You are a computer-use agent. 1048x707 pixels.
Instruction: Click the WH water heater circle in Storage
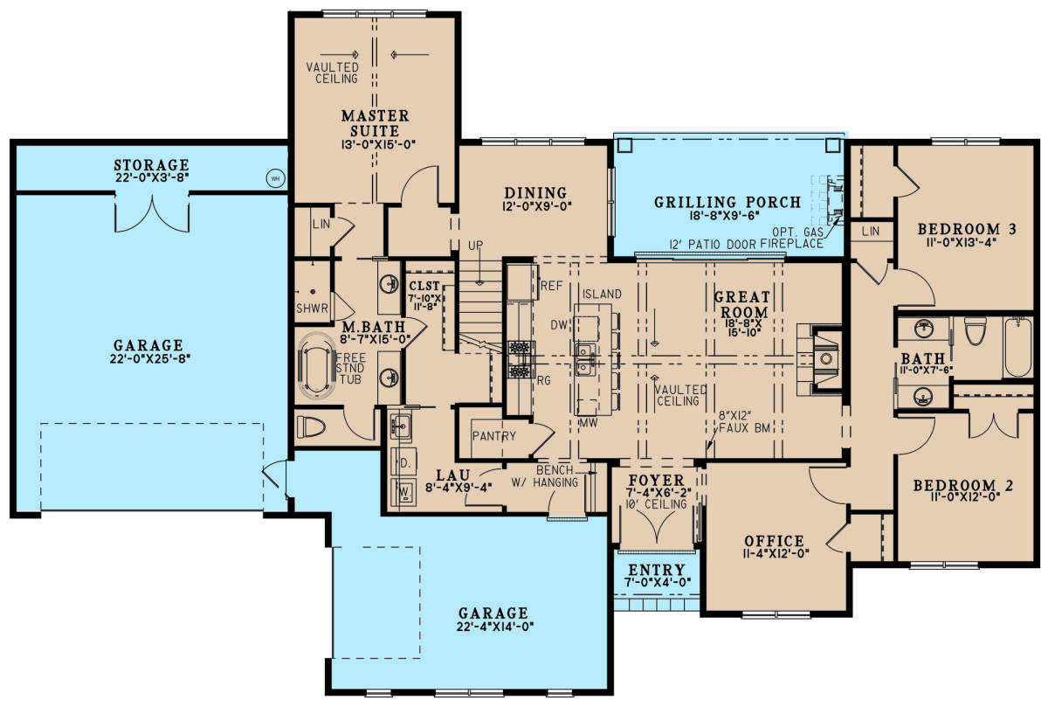tap(275, 178)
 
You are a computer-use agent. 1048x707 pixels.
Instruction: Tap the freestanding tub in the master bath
tap(317, 366)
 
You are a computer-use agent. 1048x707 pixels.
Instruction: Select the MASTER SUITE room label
tap(376, 123)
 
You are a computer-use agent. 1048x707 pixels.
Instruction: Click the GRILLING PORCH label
tap(727, 202)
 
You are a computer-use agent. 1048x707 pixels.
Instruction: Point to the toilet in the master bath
tap(311, 427)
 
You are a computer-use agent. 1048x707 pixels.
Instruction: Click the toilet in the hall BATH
tap(976, 331)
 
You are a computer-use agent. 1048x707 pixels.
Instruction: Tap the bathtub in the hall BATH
tap(1018, 346)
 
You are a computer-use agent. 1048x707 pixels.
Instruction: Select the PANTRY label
tap(494, 436)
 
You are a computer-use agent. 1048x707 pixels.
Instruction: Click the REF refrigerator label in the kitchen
tap(552, 286)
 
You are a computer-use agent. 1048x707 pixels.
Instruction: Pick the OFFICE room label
tap(775, 541)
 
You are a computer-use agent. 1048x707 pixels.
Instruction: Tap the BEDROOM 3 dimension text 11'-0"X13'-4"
tap(961, 243)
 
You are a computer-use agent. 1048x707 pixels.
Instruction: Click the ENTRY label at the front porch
tap(657, 570)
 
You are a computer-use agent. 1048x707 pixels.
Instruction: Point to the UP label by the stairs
tap(476, 246)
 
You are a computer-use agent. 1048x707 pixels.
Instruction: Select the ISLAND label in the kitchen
tap(602, 294)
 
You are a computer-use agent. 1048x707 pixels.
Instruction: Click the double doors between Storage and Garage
tap(152, 213)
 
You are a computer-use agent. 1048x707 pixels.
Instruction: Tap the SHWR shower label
tap(312, 308)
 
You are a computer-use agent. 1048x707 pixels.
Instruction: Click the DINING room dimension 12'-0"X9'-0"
tap(536, 206)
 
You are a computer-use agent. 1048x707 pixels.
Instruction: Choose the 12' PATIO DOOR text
tap(713, 244)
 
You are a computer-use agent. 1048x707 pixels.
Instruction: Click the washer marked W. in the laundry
tap(403, 492)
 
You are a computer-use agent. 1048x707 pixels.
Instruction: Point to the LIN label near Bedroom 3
tap(871, 232)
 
